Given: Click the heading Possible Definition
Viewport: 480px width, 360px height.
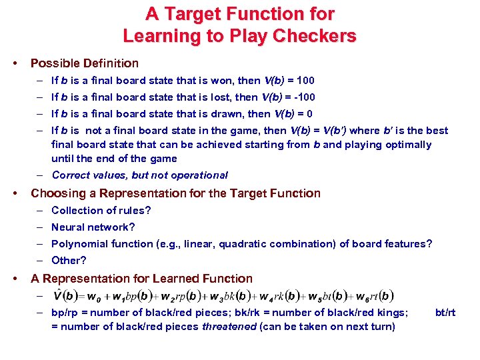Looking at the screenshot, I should (85, 63).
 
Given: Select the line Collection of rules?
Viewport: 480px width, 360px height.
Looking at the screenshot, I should (101, 210).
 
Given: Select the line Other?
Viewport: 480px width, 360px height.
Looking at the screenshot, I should (69, 261).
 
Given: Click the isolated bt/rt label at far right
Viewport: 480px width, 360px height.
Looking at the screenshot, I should (445, 312).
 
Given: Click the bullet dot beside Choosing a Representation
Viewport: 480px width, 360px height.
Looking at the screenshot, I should (15, 194).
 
